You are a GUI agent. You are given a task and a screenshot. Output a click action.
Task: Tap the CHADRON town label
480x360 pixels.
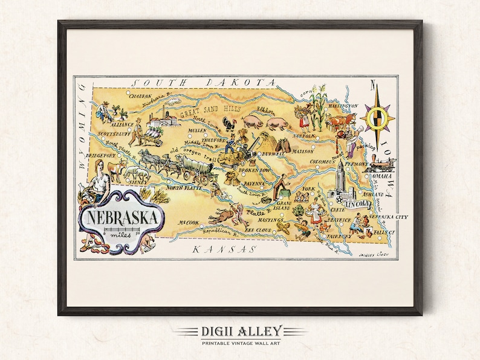click(139, 95)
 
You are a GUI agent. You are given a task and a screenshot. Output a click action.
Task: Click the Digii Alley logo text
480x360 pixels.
click(240, 331)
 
